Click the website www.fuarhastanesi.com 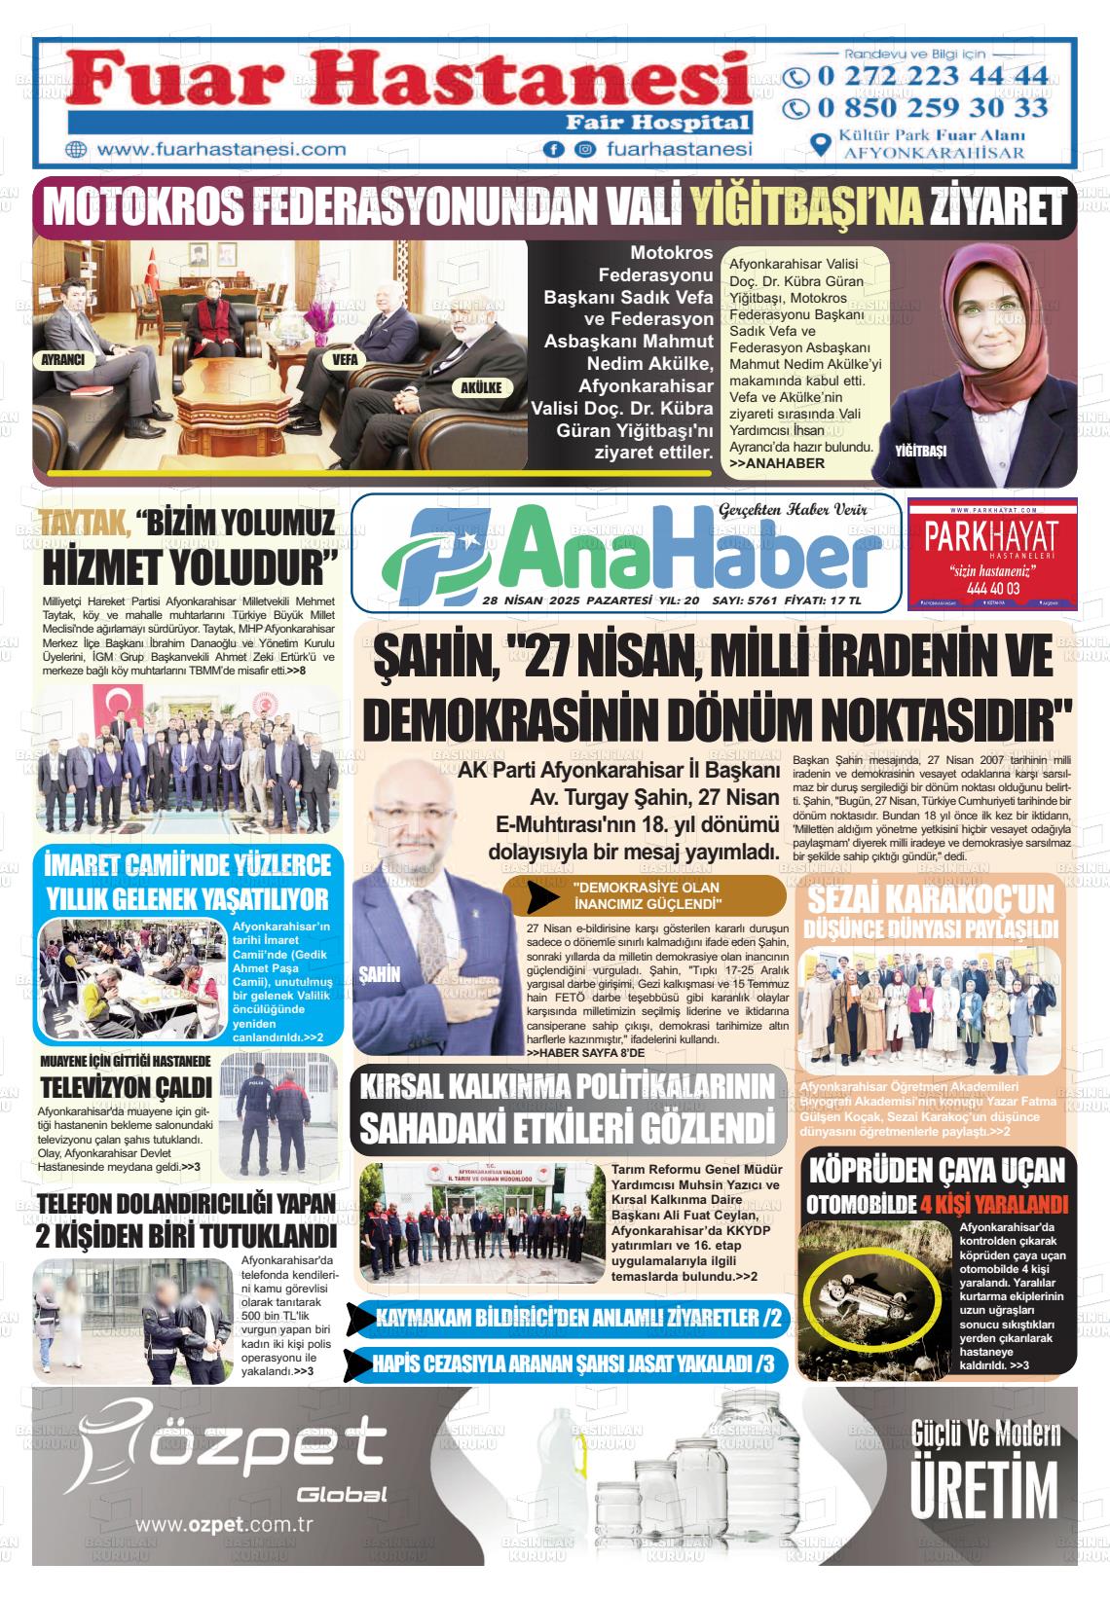222,149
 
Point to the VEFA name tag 346,359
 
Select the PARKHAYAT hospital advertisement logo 991,552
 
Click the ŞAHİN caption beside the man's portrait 380,973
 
